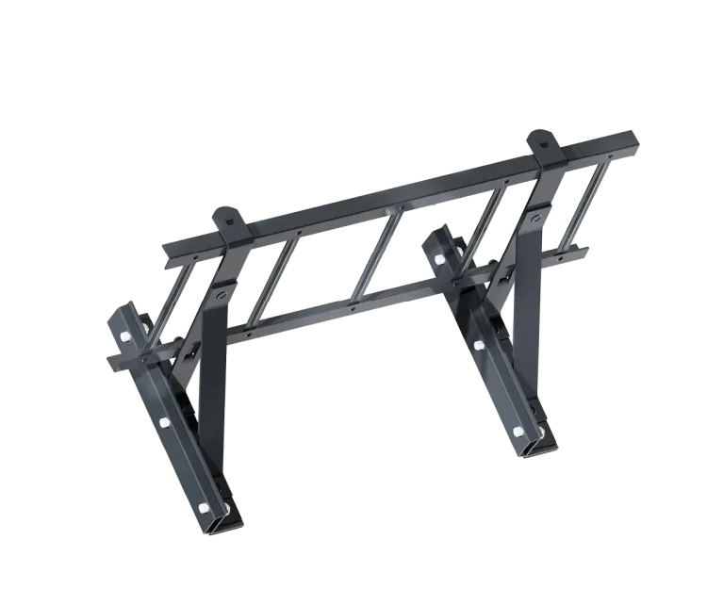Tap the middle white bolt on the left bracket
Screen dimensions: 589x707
pyautogui.click(x=165, y=421)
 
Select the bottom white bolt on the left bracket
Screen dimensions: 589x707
pyautogui.click(x=204, y=509)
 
